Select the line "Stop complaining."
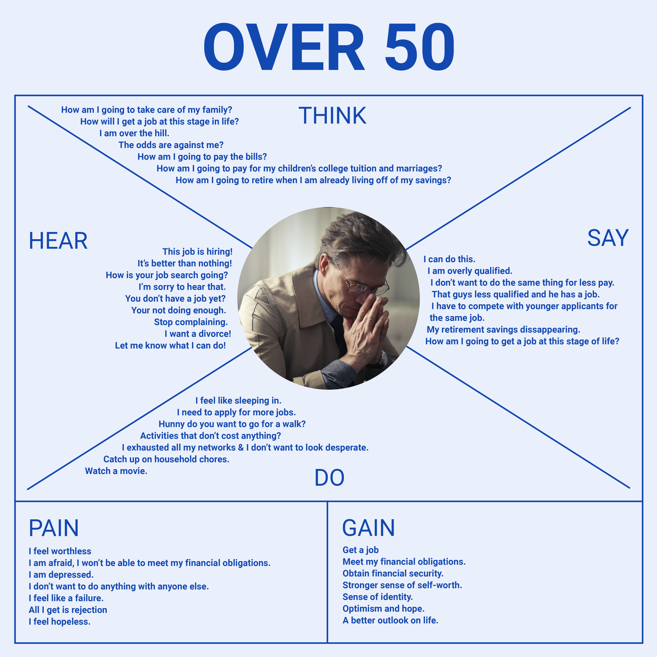point(191,322)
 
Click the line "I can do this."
point(449,259)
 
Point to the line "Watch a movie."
point(116,471)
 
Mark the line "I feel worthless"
point(60,551)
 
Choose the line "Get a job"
point(360,550)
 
